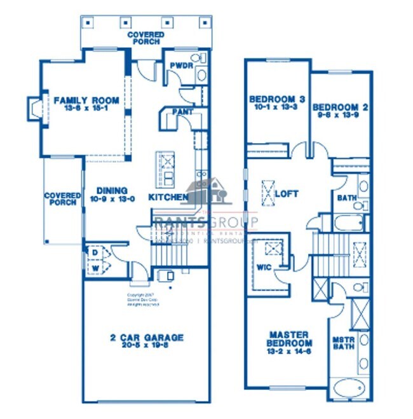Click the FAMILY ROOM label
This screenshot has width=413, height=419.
(86, 100)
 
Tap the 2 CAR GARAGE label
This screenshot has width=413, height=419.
(146, 338)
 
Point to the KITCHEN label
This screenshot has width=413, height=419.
(168, 197)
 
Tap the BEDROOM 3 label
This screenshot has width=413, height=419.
(277, 99)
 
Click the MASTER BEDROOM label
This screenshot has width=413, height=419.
(288, 339)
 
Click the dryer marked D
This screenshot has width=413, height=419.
(95, 252)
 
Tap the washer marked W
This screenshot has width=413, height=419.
(95, 268)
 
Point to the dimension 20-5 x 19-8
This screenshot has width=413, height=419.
(146, 347)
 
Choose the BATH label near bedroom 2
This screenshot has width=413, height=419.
(346, 198)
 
